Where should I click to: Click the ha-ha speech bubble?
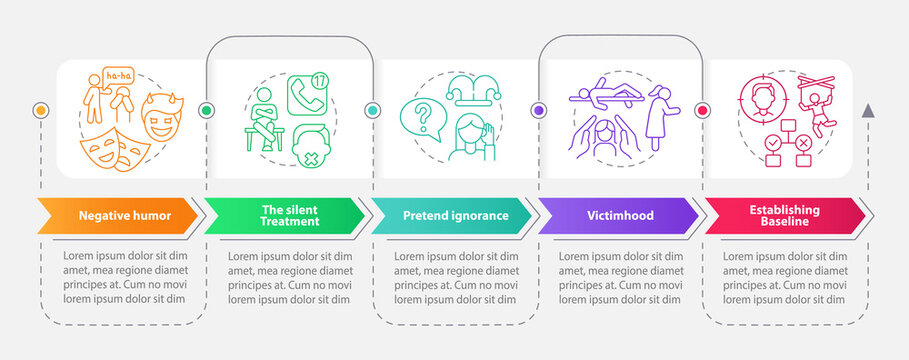point(117,76)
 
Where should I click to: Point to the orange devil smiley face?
point(160,116)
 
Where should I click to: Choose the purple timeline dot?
point(539,110)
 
